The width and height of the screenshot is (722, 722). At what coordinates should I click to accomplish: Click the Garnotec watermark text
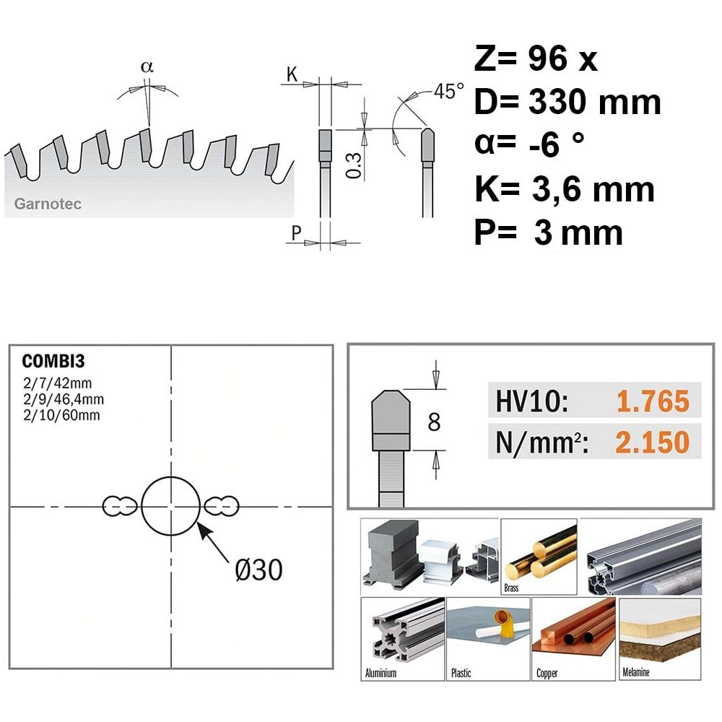(48, 204)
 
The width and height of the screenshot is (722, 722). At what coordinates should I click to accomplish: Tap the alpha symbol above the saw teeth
(147, 67)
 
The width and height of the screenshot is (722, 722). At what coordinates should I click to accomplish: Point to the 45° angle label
(448, 91)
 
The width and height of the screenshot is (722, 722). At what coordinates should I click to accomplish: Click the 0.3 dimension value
(354, 166)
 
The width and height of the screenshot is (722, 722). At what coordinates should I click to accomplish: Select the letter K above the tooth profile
(292, 74)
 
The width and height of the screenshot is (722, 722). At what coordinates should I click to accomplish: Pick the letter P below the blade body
(296, 233)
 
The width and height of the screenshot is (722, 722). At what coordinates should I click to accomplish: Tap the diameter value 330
(556, 102)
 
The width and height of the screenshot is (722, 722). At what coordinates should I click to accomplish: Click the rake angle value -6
(545, 146)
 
